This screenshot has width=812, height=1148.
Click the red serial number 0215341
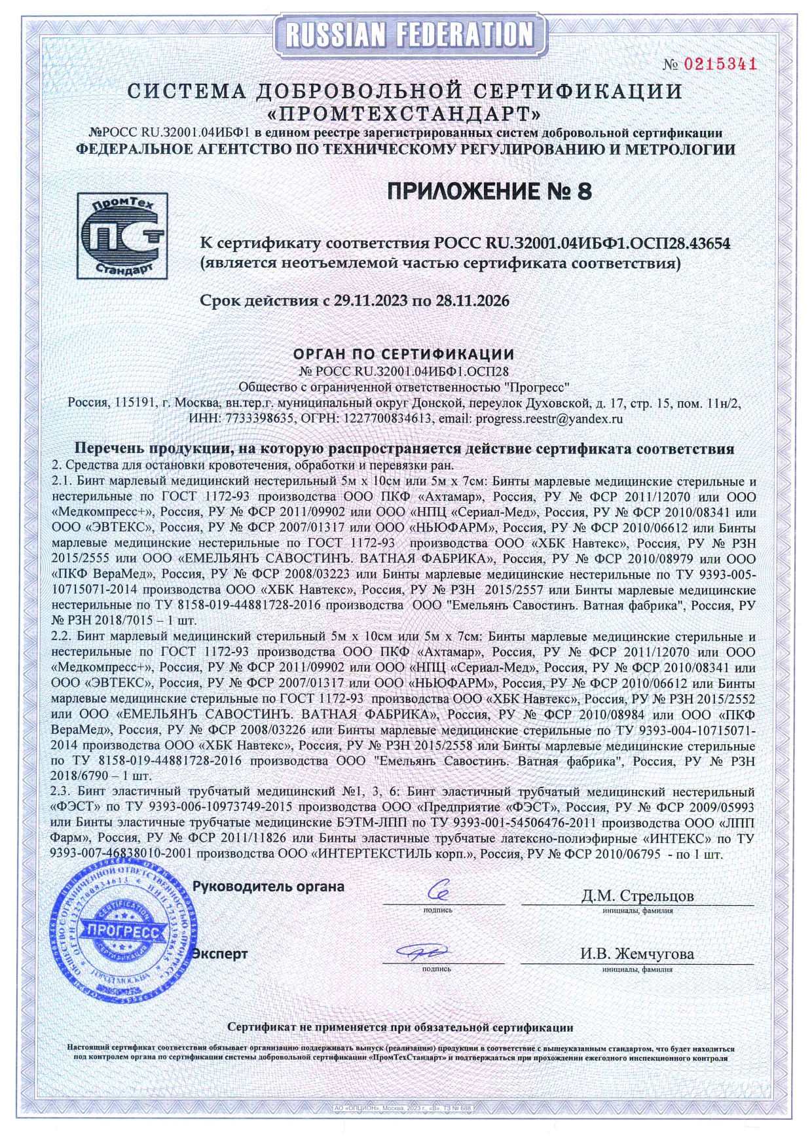pyautogui.click(x=720, y=64)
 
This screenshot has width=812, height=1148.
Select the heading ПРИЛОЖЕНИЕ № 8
pyautogui.click(x=490, y=191)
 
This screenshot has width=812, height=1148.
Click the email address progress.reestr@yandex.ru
pyautogui.click(x=549, y=419)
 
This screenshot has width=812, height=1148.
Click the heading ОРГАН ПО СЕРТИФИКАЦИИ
pyautogui.click(x=403, y=354)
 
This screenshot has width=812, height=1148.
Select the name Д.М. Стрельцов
pyautogui.click(x=637, y=895)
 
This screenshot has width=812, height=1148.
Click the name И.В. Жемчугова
pyautogui.click(x=637, y=954)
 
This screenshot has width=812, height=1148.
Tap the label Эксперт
pyautogui.click(x=220, y=954)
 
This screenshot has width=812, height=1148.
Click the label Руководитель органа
pyautogui.click(x=268, y=887)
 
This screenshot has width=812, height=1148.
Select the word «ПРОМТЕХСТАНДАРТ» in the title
pyautogui.click(x=405, y=113)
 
